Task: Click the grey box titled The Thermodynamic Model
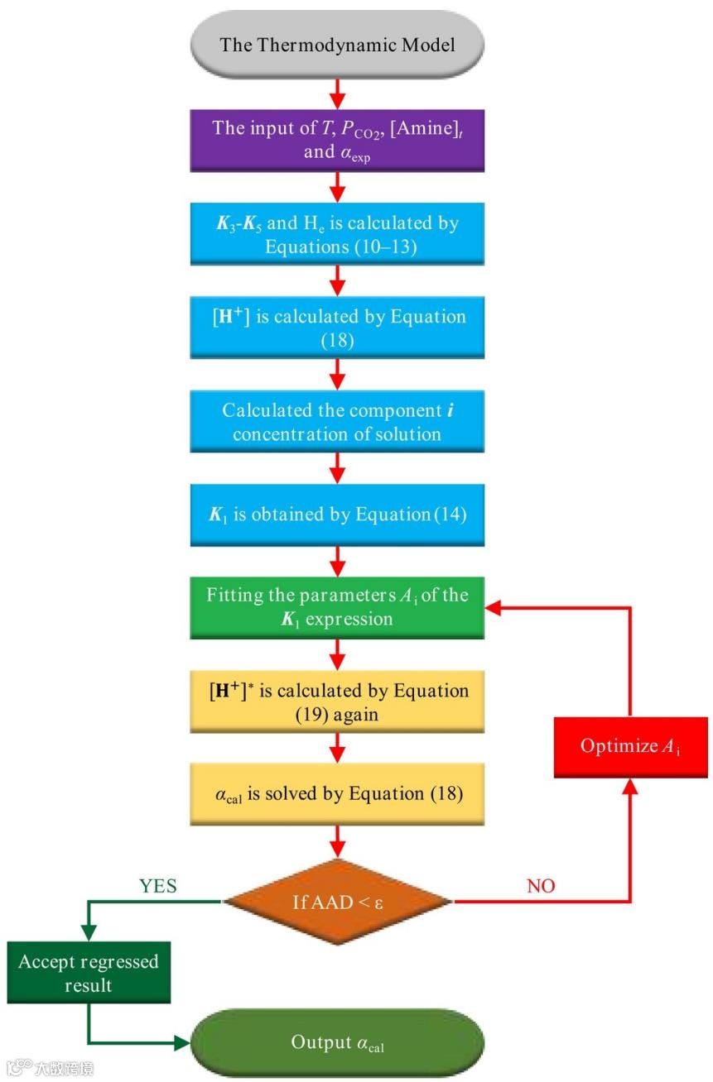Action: click(337, 44)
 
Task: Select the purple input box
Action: click(337, 141)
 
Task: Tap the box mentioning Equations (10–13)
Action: click(337, 235)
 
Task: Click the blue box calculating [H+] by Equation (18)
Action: click(337, 328)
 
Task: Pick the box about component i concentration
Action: click(337, 423)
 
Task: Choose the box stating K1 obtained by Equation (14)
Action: click(337, 515)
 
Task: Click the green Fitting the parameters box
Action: click(337, 607)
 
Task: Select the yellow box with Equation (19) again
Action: click(337, 702)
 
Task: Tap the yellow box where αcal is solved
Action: click(337, 794)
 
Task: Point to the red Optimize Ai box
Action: click(631, 746)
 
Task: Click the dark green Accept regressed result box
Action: click(89, 974)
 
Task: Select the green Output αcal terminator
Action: click(337, 1043)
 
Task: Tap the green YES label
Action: click(158, 886)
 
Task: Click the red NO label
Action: click(541, 886)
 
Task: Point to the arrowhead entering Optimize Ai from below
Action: click(631, 787)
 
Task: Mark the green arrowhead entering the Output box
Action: click(183, 1042)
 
